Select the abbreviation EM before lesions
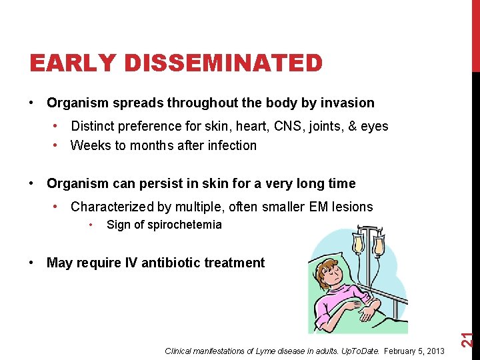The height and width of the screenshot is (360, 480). click(319, 207)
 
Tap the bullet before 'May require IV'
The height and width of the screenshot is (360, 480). click(32, 263)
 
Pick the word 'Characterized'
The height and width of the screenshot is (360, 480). click(113, 207)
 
